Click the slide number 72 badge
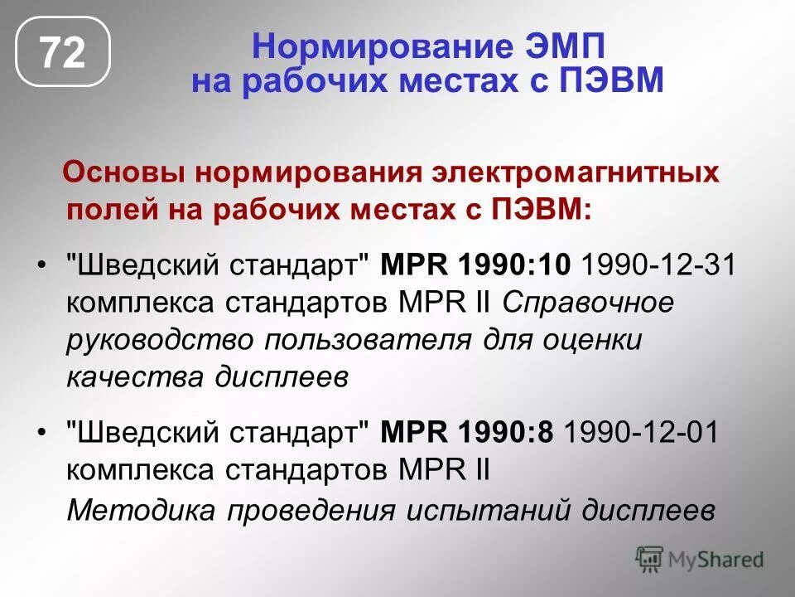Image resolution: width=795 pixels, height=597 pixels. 63,54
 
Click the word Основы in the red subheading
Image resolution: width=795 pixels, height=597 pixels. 124,174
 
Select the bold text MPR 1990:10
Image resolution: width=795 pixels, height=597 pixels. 475,267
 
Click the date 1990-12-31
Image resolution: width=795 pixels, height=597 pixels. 658,267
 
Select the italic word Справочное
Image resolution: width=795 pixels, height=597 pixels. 588,303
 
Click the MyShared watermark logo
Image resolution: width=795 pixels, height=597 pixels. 699,560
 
